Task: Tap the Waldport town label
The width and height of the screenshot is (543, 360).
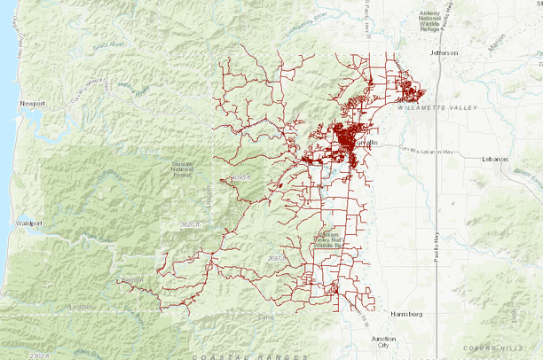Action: pyautogui.click(x=32, y=224)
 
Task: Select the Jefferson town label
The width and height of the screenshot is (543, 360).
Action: pyautogui.click(x=444, y=53)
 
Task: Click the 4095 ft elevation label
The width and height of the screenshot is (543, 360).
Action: pyautogui.click(x=240, y=179)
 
